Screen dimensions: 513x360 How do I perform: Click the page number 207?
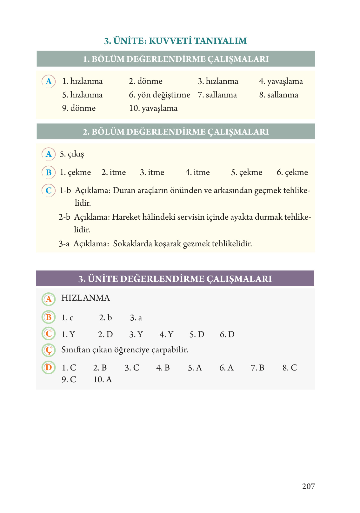308,486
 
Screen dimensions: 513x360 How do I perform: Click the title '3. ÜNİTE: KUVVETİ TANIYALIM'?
176,41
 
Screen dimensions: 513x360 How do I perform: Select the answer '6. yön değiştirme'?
159,95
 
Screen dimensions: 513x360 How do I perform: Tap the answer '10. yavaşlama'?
153,108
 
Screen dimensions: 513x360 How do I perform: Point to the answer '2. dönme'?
145,81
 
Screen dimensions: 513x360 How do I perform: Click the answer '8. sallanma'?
278,95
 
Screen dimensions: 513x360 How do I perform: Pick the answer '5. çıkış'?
72,154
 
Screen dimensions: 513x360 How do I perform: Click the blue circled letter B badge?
49,172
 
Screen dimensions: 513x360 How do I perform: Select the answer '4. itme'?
197,172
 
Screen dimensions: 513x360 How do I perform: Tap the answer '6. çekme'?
292,172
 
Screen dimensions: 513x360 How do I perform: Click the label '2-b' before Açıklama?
64,217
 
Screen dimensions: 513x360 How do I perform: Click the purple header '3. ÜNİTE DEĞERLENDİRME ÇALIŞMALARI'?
175,279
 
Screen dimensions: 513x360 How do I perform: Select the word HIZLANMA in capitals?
85,298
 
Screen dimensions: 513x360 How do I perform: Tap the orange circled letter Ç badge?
49,350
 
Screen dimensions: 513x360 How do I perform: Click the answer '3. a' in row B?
136,318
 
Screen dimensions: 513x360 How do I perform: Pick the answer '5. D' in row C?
197,335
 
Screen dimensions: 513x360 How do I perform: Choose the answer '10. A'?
103,380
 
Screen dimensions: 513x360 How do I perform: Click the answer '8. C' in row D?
290,368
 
